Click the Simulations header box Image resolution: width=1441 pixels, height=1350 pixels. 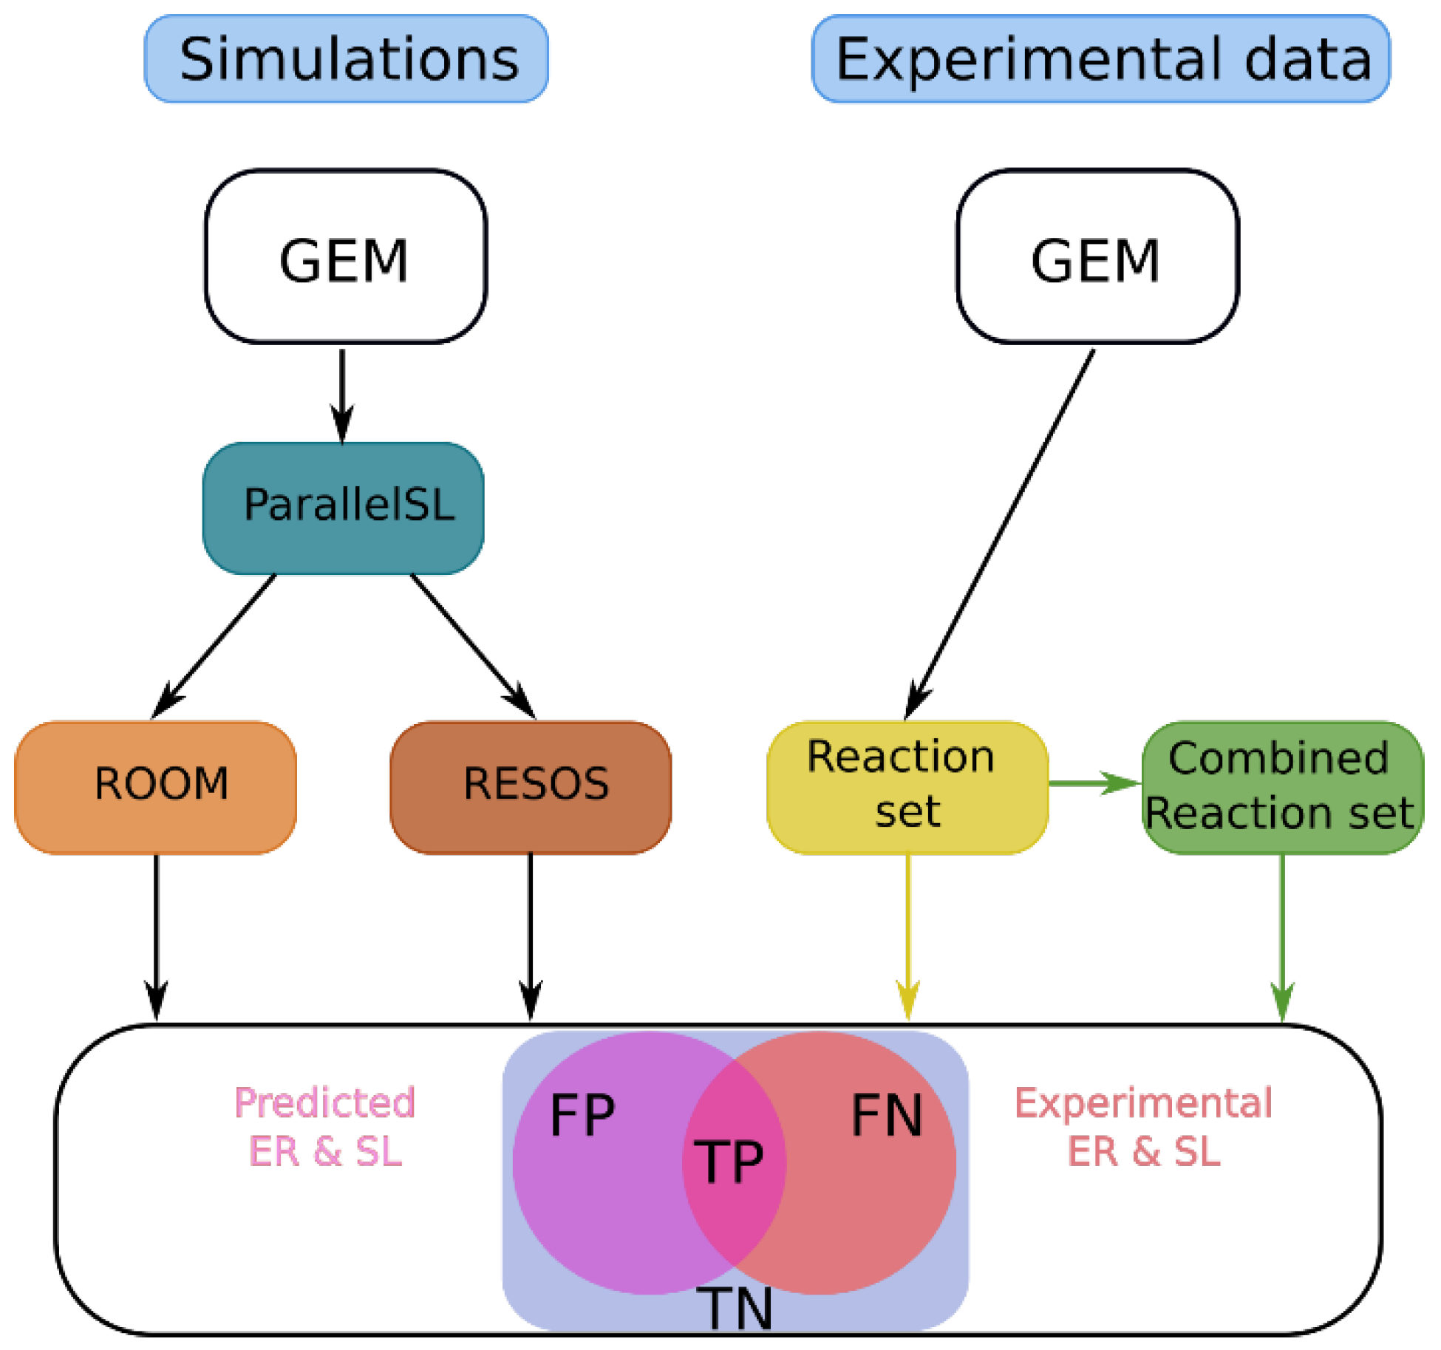(346, 59)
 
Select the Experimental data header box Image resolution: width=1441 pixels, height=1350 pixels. (1100, 59)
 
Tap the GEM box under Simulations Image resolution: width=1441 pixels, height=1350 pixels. (345, 257)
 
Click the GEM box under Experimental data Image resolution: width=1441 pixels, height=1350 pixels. (1097, 257)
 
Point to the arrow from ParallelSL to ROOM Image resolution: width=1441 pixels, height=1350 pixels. (215, 644)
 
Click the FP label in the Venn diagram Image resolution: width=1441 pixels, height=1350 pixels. (582, 1116)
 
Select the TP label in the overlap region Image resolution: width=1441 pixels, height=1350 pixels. (729, 1162)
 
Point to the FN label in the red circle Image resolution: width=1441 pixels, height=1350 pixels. (887, 1116)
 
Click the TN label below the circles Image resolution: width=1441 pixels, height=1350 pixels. (735, 1309)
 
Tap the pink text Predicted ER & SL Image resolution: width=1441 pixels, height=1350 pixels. (325, 1127)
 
